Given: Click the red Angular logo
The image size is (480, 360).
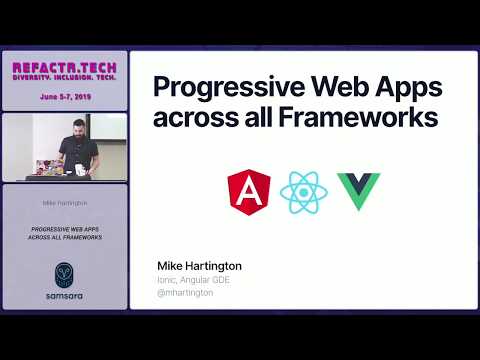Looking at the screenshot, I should tap(249, 192).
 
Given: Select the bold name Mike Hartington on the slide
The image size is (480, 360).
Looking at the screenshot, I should tap(199, 266).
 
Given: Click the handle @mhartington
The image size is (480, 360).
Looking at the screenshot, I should tap(187, 294).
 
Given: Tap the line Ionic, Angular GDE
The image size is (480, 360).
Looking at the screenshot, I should tap(195, 280).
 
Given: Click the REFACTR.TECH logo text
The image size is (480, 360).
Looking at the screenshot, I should tap(64, 67).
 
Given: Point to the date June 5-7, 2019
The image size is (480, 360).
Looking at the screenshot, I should tap(64, 97).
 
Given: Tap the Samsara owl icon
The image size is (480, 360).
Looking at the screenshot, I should tap(64, 274).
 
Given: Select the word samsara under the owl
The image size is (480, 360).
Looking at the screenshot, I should tap(64, 296).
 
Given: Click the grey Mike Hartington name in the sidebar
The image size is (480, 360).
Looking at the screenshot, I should tap(64, 203).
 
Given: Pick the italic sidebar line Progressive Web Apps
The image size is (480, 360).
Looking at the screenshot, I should tap(64, 228).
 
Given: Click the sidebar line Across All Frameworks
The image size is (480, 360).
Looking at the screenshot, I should tap(64, 237).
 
